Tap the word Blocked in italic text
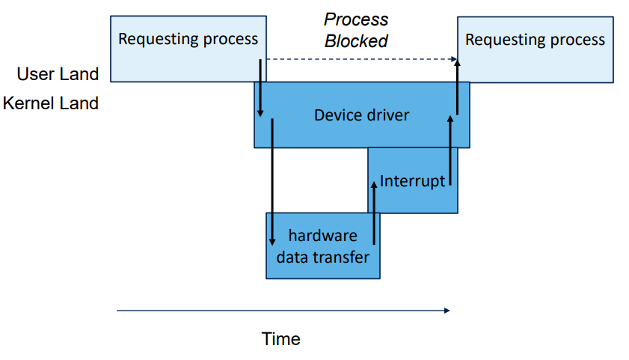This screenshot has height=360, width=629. [356, 41]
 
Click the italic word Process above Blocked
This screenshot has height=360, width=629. [356, 19]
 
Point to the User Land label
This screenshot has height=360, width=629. [58, 74]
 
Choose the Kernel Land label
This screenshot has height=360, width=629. [50, 103]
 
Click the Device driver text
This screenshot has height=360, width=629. [361, 115]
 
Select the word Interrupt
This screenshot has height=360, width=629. [412, 180]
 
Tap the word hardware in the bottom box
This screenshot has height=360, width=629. [322, 236]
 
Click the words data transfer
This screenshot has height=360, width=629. [322, 257]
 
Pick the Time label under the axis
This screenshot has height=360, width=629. [281, 339]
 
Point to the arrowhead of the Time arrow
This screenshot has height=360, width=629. [447, 310]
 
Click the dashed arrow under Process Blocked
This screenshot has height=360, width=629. [359, 59]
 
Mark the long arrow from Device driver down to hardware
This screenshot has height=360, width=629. [272, 180]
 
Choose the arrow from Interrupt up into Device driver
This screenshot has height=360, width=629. [450, 150]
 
